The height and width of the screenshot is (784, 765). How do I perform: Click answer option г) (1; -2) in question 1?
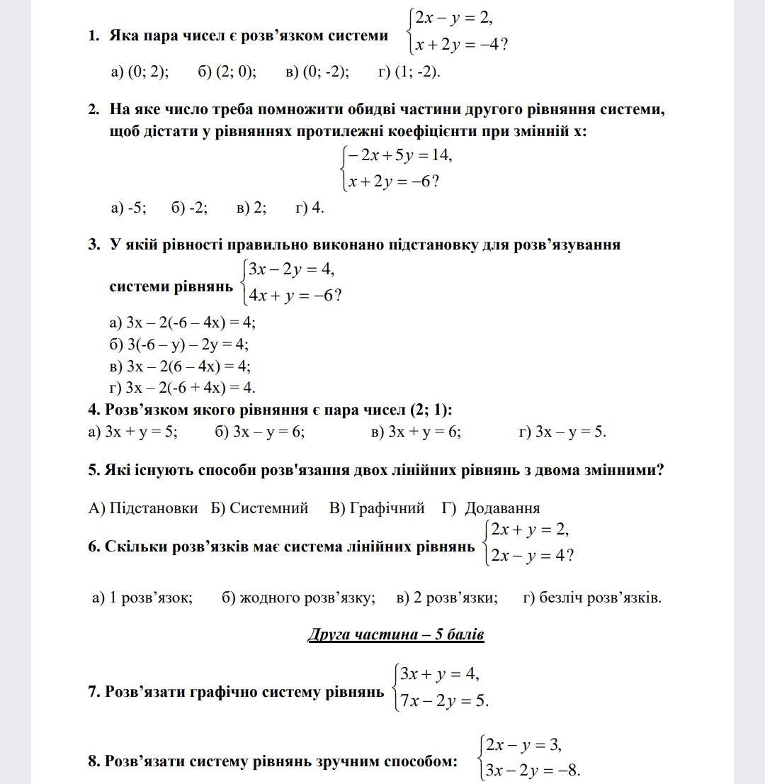409,72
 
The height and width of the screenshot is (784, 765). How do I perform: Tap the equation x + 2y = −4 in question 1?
460,45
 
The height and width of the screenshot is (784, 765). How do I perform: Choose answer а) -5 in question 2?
129,208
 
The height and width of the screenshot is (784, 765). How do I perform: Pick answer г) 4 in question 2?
310,208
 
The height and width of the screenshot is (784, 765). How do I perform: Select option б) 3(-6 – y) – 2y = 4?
179,345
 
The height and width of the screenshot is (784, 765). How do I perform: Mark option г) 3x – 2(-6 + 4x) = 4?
183,388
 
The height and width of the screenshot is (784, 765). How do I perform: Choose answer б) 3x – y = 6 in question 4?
260,432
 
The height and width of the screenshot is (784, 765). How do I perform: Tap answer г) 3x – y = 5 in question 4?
562,432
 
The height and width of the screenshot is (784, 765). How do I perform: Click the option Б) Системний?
259,508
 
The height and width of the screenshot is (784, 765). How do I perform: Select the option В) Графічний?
377,508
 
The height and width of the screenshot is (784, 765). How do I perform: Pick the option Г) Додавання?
491,508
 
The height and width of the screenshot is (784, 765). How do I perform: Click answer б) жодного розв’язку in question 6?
298,598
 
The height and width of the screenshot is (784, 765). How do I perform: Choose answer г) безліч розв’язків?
592,598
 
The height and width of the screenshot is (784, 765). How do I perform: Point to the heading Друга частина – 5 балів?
396,634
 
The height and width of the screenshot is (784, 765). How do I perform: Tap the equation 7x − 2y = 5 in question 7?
443,701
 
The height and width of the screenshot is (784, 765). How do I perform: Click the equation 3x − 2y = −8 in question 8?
532,771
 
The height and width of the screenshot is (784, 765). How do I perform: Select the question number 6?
94,547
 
